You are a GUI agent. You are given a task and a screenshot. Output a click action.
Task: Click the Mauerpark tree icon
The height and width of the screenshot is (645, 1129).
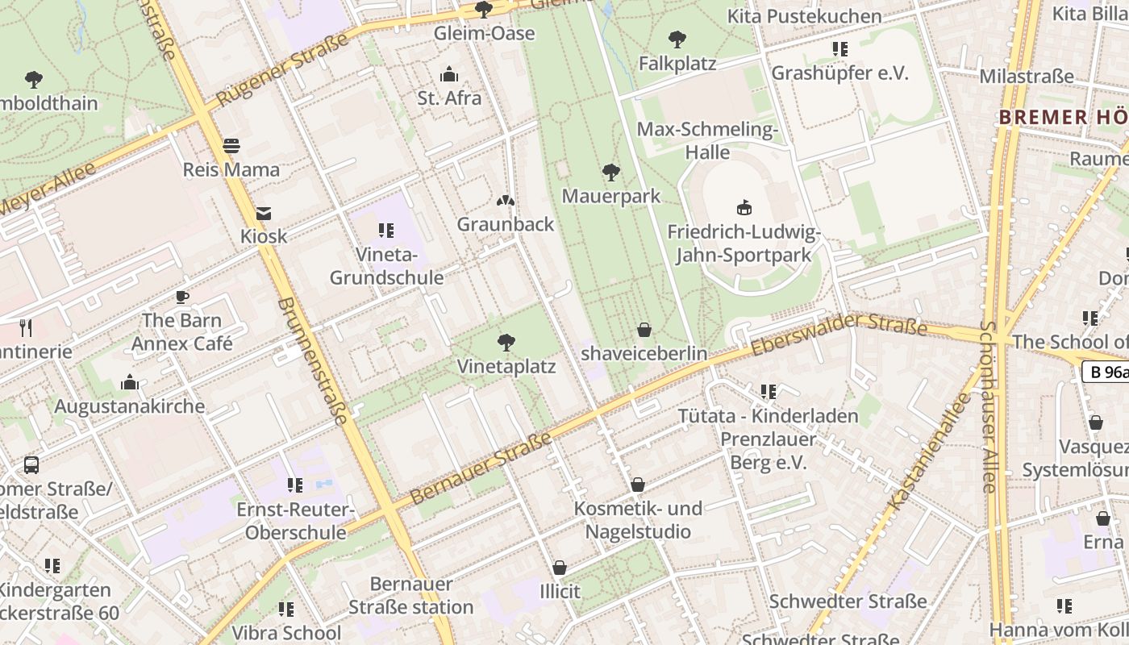tap(611, 172)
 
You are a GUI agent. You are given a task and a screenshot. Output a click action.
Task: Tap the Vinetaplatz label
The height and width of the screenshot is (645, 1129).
tap(506, 367)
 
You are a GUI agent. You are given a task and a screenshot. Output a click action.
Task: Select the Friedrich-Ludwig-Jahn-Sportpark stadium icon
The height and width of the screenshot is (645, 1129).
tap(744, 208)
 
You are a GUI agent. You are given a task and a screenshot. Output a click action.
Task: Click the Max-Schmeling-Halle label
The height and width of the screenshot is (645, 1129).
tap(707, 141)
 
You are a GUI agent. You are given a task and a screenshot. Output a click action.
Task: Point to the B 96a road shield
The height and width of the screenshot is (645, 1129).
tap(1106, 372)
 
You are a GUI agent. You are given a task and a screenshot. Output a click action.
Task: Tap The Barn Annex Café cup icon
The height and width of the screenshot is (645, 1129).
tap(182, 297)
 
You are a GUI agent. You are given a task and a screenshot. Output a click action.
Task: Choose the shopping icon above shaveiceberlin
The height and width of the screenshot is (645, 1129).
tap(644, 330)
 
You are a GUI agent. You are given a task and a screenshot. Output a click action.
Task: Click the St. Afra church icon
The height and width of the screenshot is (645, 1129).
tap(449, 75)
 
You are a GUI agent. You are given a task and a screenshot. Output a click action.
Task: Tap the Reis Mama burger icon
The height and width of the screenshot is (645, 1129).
tap(231, 146)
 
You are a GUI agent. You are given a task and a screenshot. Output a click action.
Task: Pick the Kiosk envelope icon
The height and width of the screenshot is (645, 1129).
tap(264, 214)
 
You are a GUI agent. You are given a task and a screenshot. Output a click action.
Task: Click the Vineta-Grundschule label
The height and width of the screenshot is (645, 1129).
tap(386, 266)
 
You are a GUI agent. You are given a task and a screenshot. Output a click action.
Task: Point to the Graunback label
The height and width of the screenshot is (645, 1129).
tap(506, 224)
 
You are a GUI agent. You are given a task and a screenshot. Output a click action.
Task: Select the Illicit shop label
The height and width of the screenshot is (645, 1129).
tap(560, 591)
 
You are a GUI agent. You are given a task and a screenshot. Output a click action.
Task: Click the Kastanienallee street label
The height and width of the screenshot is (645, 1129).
tap(930, 451)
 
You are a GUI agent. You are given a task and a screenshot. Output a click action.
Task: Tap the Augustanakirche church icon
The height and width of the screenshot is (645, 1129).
tap(129, 382)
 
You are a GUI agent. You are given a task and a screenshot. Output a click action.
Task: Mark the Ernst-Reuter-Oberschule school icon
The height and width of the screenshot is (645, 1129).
tap(295, 485)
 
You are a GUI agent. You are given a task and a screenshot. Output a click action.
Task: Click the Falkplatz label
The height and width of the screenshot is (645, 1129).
tap(677, 63)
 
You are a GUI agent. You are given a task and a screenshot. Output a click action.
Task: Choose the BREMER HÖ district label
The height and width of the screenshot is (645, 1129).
tap(1063, 117)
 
